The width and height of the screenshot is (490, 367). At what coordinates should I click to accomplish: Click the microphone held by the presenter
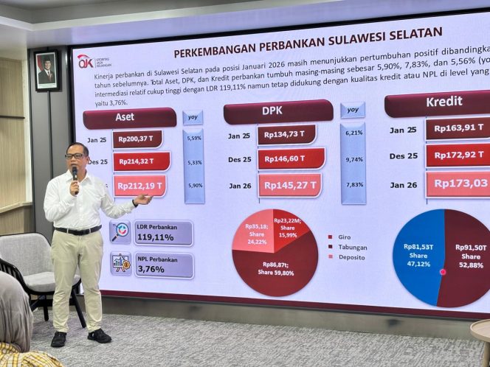[x=75, y=174]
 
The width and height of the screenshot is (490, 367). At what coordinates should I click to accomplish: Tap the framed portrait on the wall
[x=47, y=71]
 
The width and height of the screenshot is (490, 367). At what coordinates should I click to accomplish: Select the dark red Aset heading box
[x=129, y=118]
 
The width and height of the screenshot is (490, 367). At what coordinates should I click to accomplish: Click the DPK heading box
[x=278, y=111]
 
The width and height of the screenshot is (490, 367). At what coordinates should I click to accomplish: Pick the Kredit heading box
[x=437, y=103]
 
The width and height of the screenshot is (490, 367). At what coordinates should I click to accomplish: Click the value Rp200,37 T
[x=137, y=139]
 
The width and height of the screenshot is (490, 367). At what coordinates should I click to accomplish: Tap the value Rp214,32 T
[x=141, y=161]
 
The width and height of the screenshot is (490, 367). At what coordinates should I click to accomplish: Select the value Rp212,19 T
[x=140, y=186]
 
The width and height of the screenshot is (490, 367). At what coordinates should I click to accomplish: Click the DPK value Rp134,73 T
[x=286, y=134]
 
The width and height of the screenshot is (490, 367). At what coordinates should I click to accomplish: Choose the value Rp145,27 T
[x=290, y=184]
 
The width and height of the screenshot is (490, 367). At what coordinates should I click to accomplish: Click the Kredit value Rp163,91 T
[x=458, y=129]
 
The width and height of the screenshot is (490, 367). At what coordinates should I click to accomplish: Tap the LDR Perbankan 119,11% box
[x=162, y=233]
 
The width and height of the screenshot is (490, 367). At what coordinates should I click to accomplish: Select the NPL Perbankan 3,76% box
[x=163, y=265]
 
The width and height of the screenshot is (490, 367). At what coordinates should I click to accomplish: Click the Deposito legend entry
[x=351, y=257]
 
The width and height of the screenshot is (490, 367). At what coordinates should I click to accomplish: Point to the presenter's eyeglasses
[x=75, y=156]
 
